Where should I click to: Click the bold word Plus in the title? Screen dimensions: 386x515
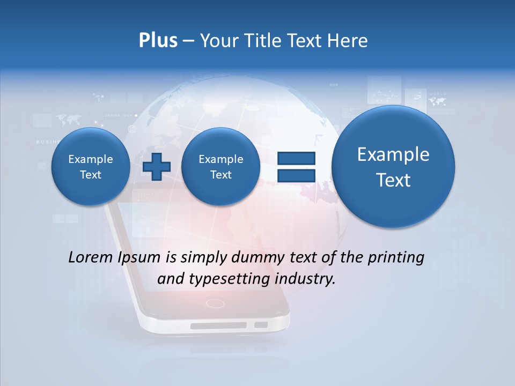click(158, 41)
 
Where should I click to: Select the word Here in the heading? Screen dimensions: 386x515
click(349, 41)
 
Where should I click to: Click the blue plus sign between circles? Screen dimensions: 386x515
click(157, 167)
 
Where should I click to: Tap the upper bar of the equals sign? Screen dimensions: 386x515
click(296, 159)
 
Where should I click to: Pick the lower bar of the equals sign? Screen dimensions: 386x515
click(296, 175)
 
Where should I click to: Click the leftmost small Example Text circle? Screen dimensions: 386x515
click(91, 167)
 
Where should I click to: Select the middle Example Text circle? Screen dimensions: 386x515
click(221, 167)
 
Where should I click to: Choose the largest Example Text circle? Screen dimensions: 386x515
click(393, 167)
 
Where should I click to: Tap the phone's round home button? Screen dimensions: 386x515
click(215, 303)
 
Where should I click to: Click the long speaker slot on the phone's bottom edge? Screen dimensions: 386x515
click(218, 325)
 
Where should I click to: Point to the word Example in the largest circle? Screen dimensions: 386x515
click(393, 155)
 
